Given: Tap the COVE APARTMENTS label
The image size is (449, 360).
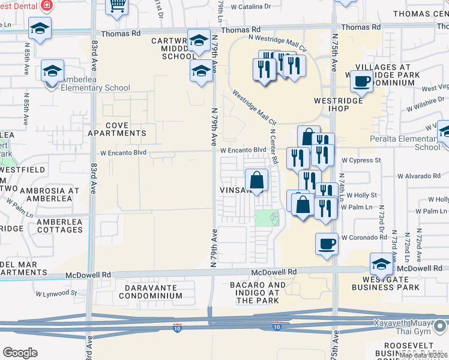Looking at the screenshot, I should tap(117, 128).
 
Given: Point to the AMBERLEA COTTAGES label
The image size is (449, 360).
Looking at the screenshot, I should tap(59, 225).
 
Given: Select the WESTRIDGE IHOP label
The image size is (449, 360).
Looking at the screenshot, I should tap(339, 104).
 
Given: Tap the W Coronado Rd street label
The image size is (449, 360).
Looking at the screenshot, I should tap(364, 238).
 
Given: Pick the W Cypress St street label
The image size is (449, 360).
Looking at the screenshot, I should tap(361, 160).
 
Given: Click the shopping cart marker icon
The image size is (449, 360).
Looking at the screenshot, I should tap(118, 6).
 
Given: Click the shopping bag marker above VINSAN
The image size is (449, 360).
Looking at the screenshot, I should tap(256, 179).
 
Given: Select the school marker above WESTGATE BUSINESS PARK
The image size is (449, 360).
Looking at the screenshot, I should tap(381, 263).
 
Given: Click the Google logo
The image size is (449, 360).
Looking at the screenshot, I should tap(20, 353).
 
